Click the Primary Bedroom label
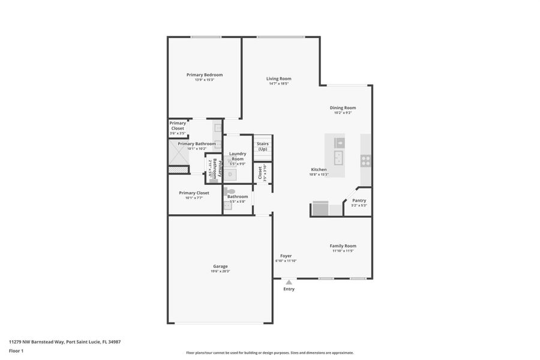(x=205, y=75)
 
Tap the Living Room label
(x=279, y=79)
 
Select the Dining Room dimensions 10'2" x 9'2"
(x=343, y=113)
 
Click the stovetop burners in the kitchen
(x=365, y=160)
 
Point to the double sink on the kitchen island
(x=339, y=158)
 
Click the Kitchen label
(x=319, y=169)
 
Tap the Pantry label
(x=359, y=200)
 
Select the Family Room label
(x=343, y=246)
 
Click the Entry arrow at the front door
(x=289, y=281)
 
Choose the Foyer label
(x=286, y=256)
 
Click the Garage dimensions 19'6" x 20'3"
(x=220, y=271)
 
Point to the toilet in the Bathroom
(x=230, y=191)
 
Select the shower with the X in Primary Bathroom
(x=179, y=152)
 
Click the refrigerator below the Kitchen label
(x=320, y=209)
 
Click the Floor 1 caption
(x=16, y=350)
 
